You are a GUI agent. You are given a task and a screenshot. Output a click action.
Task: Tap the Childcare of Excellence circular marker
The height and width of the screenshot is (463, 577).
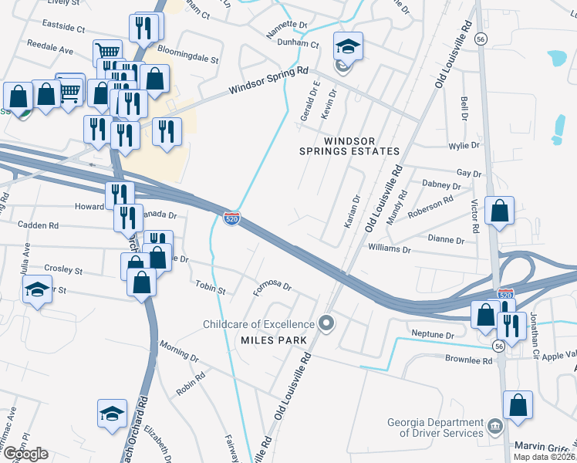point(326,323)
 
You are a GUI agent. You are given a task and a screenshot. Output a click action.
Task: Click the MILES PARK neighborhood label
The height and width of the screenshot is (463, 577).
point(274,340)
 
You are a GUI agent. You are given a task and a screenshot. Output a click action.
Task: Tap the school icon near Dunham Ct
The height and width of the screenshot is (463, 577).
point(348,47)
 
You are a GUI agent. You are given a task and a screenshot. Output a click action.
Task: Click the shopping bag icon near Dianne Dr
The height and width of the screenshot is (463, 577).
point(500,211)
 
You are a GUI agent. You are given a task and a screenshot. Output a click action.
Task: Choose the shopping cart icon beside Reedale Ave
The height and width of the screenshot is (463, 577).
point(107,53)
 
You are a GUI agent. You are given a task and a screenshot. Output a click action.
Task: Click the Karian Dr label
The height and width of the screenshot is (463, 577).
point(350,211)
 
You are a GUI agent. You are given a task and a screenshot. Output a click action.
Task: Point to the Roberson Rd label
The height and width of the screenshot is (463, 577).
point(431,204)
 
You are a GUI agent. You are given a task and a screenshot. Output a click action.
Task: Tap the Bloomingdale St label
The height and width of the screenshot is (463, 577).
point(188,59)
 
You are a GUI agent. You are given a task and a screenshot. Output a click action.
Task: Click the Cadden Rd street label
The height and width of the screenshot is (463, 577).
point(38,226)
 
